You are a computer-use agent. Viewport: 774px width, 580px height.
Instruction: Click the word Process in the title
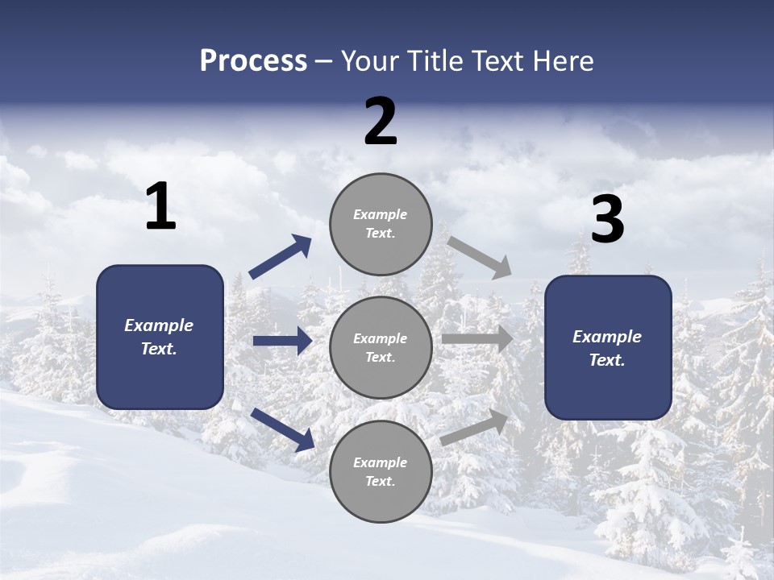pyautogui.click(x=253, y=61)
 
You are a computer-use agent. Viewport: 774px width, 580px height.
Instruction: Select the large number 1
pyautogui.click(x=160, y=207)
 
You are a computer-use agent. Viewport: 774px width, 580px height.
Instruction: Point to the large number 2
pyautogui.click(x=381, y=122)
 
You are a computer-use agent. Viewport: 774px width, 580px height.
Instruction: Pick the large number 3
pyautogui.click(x=607, y=221)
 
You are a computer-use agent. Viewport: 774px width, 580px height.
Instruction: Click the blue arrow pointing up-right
pyautogui.click(x=281, y=258)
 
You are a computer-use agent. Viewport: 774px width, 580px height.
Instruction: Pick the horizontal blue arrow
pyautogui.click(x=282, y=341)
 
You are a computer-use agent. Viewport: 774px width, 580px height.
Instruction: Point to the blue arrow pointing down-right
pyautogui.click(x=282, y=429)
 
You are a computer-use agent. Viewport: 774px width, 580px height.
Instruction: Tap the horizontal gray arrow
pyautogui.click(x=477, y=338)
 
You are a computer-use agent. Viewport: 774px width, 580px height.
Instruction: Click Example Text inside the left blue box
pyautogui.click(x=159, y=337)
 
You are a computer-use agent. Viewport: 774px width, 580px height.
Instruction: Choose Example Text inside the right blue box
pyautogui.click(x=607, y=348)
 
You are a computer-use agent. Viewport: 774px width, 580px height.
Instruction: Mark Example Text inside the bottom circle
pyautogui.click(x=381, y=472)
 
